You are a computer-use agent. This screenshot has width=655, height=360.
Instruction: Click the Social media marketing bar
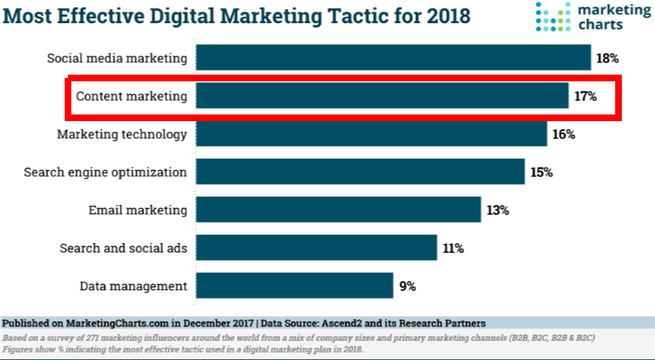pos(393,58)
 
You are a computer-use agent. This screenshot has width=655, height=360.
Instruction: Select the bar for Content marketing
pos(382,96)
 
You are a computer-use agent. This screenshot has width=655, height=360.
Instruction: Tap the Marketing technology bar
pos(371,134)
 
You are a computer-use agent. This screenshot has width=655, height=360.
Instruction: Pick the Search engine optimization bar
pos(361,172)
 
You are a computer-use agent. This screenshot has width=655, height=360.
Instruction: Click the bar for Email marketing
pos(338,210)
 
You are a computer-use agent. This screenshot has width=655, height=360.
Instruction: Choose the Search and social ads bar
pos(317,247)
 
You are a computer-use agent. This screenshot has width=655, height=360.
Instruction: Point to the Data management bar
pos(294,285)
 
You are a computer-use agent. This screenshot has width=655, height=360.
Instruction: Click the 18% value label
pos(607,59)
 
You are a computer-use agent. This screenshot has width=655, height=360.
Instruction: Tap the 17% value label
pos(585,97)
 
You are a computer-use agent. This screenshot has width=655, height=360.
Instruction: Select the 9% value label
pos(407,286)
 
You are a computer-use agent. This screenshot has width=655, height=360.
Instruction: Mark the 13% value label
pos(497,211)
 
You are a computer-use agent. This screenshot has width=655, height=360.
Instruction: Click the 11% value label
pos(453,248)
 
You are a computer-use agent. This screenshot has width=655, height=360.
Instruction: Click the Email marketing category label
pos(138,210)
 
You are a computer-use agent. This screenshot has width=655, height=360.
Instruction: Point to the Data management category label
pos(133,285)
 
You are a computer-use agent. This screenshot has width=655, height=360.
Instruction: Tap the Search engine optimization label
pos(104,173)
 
